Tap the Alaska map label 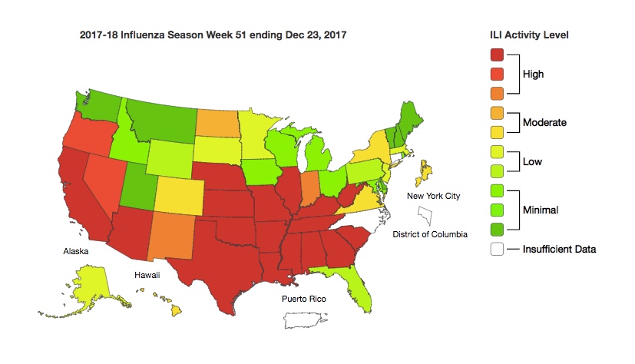tap(76, 251)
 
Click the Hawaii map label tap(148, 274)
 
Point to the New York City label tap(433, 196)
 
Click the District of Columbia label tap(429, 233)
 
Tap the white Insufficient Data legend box tap(498, 249)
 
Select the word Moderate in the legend tap(544, 122)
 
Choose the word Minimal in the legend tap(539, 208)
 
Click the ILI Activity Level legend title tap(529, 35)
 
